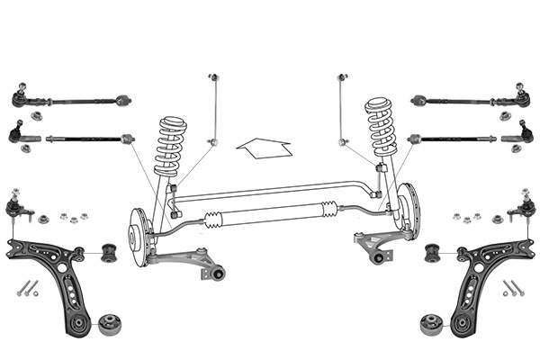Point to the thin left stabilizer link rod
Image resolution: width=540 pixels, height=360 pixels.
point(212,108)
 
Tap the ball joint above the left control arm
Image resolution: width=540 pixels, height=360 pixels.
point(15,208)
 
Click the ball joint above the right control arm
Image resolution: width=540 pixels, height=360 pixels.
point(526,208)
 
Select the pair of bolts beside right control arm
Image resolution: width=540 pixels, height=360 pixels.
point(513,288)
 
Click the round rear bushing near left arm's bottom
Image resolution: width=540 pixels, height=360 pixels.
point(111,320)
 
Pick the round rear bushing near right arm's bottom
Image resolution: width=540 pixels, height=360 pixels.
point(429,320)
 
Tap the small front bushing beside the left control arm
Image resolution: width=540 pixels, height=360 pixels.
point(111,252)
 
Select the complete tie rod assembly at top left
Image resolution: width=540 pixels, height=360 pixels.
point(72,99)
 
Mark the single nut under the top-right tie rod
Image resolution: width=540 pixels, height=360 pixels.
point(500,115)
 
